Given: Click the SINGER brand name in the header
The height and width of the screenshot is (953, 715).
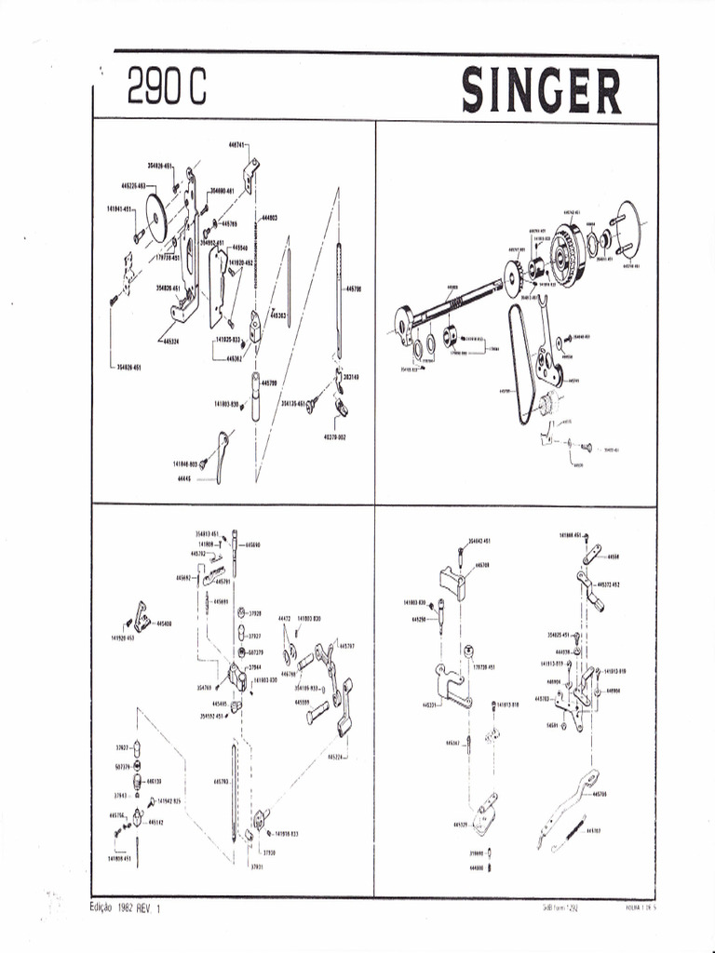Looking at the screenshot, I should coord(542,91).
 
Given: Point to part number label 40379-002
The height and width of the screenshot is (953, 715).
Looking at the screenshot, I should coord(334,436).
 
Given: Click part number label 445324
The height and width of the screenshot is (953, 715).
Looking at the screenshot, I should coord(169,342).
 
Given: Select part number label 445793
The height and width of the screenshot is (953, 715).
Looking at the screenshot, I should coord(221,781).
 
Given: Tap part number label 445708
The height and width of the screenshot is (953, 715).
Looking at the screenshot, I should coord(482,565).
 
